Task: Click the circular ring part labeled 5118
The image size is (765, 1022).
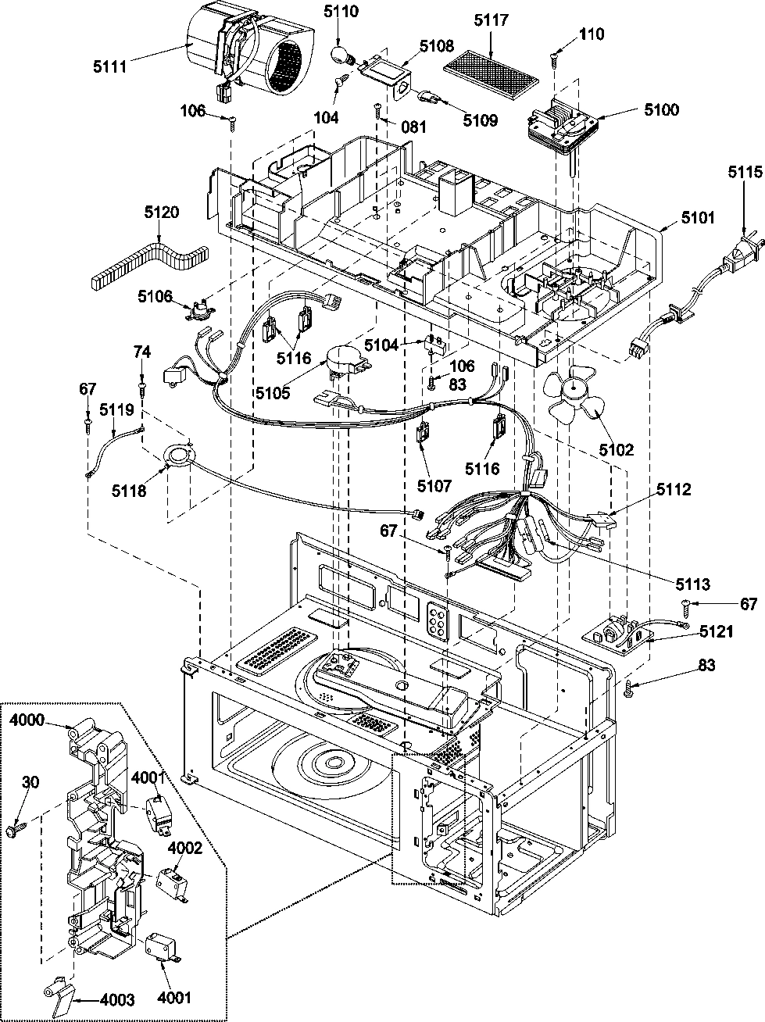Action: [x=181, y=456]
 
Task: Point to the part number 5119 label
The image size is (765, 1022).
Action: [x=116, y=408]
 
